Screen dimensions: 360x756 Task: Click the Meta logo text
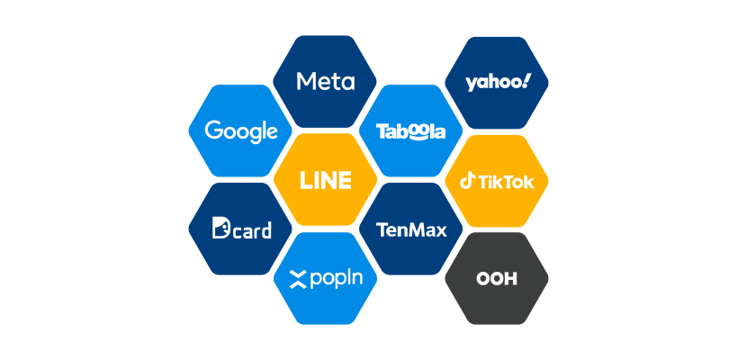pyautogui.click(x=325, y=82)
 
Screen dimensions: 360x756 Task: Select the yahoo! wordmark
pyautogui.click(x=498, y=83)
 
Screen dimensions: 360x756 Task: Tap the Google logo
pyautogui.click(x=241, y=131)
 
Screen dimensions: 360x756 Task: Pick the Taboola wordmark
pyautogui.click(x=410, y=131)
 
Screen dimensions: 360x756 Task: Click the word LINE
pyautogui.click(x=325, y=180)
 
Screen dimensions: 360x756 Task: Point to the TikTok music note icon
pyautogui.click(x=468, y=181)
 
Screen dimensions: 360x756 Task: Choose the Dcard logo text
pyautogui.click(x=241, y=229)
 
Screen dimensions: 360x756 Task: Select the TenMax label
pyautogui.click(x=411, y=229)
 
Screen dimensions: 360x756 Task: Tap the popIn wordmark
pyautogui.click(x=325, y=279)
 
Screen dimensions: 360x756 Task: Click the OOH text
pyautogui.click(x=497, y=279)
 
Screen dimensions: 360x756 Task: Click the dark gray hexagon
pyautogui.click(x=497, y=301)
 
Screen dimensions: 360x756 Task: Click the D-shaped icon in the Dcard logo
pyautogui.click(x=220, y=229)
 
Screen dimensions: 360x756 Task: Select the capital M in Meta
pyautogui.click(x=306, y=82)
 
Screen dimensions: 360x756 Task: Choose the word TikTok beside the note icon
pyautogui.click(x=506, y=182)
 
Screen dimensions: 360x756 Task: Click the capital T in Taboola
pyautogui.click(x=382, y=131)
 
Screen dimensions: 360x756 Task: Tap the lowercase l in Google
pyautogui.click(x=264, y=130)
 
